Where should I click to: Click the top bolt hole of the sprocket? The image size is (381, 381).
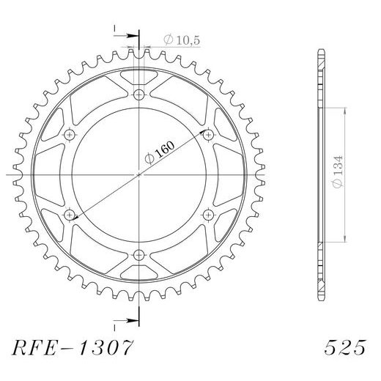coord(139,94)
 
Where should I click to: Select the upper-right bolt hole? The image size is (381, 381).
coord(208,134)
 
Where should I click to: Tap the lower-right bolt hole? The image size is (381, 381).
coord(208,214)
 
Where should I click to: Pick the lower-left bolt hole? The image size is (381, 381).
coord(70,214)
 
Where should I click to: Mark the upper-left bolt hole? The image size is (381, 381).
coord(70,134)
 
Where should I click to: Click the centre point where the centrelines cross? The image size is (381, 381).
coord(139,174)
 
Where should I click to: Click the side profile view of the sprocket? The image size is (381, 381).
coord(320,174)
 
